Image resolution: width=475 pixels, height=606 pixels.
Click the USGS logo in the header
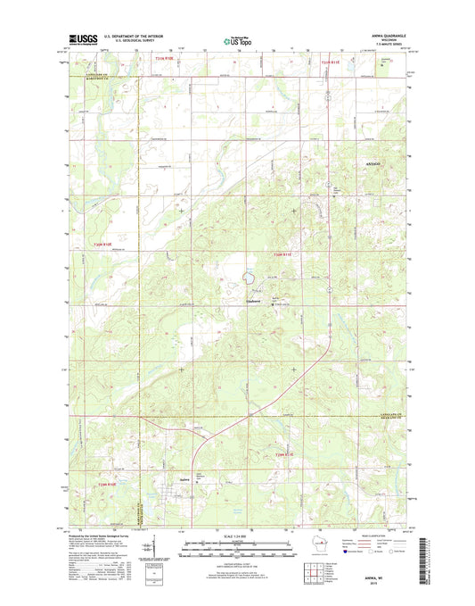(80, 39)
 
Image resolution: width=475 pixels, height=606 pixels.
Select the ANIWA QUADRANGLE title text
(385, 37)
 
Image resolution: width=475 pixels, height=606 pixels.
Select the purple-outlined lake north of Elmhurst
(246, 279)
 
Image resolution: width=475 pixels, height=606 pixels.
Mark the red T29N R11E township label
(284, 455)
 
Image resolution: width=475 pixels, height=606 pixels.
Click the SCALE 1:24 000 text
(224, 536)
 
